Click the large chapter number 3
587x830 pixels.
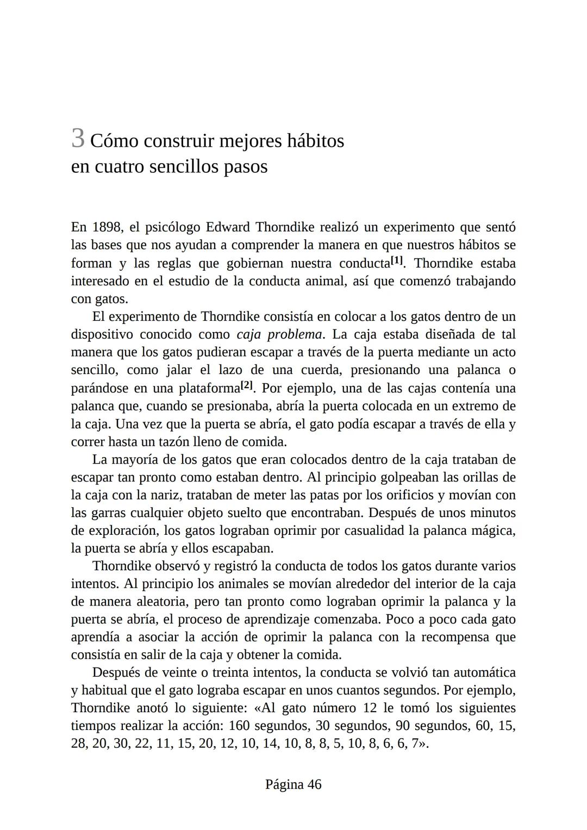(x=78, y=139)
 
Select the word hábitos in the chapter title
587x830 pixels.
(x=316, y=141)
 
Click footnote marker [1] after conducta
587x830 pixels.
(x=397, y=260)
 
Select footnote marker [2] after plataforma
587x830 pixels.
(x=247, y=385)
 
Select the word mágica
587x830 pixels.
(x=495, y=531)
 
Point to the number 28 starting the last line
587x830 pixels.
(x=79, y=744)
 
